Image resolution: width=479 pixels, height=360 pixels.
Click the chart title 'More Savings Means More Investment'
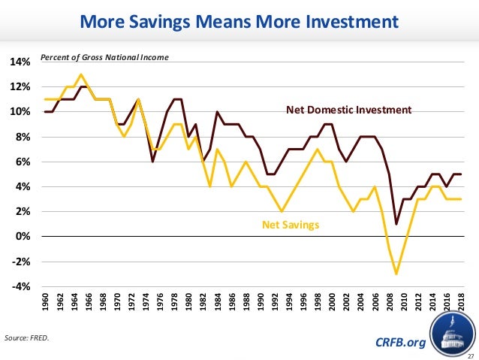tap(239, 23)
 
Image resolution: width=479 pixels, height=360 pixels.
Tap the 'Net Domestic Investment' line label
tap(349, 110)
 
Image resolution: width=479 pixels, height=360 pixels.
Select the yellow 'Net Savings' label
tap(291, 224)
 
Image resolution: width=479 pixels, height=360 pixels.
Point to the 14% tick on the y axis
tap(20, 62)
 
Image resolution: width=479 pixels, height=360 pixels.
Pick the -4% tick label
tap(21, 286)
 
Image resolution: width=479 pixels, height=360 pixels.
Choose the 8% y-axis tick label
tap(23, 137)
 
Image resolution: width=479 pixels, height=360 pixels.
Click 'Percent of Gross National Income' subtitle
tap(104, 57)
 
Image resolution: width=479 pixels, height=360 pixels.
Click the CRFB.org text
tap(399, 343)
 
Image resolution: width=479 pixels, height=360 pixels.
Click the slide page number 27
tap(471, 355)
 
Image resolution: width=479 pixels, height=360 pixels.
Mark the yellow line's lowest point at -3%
tap(396, 274)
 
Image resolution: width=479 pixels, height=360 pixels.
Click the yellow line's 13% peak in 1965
tap(81, 74)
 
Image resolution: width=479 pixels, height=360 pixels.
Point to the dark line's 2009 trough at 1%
tap(396, 224)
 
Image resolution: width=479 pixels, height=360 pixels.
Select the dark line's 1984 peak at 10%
tap(217, 112)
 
